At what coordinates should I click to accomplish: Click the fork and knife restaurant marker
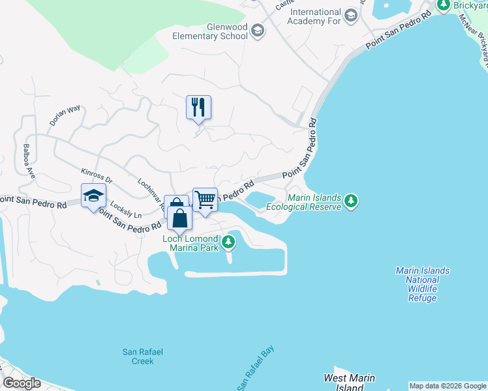coord(199,108)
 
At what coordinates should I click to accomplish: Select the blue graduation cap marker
coord(93,196)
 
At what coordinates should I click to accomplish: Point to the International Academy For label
coord(316,17)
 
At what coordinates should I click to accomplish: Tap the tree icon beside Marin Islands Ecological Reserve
coord(352,201)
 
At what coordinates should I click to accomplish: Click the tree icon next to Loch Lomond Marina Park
coord(228,243)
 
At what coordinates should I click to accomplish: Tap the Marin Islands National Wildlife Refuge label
coord(422,284)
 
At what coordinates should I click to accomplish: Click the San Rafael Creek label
coord(138,356)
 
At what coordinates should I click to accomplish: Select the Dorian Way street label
coord(65,115)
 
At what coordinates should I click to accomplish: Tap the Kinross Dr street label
coord(97,176)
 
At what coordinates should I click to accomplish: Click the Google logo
coord(22,383)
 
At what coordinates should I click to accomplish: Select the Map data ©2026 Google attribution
coord(448,386)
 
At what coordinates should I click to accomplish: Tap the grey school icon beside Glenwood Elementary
coord(258,31)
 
